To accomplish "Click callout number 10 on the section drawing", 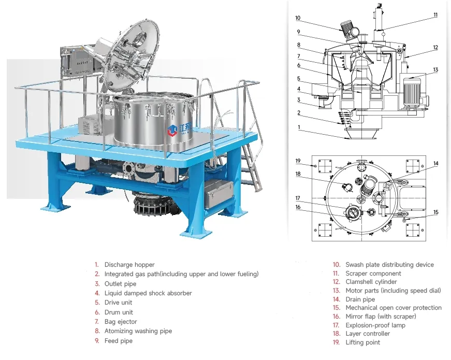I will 298,18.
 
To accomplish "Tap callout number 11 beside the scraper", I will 435,15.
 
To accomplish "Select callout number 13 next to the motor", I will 435,69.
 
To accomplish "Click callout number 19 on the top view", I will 298,161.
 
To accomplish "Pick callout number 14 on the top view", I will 435,164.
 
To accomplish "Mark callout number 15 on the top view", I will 435,212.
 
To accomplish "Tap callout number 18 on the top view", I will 298,174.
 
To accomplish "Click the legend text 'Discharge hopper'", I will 129,265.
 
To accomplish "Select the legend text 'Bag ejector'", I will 121,322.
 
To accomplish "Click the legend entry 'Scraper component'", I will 373,273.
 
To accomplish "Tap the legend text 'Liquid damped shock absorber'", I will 148,293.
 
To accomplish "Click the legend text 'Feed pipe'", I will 118,341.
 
